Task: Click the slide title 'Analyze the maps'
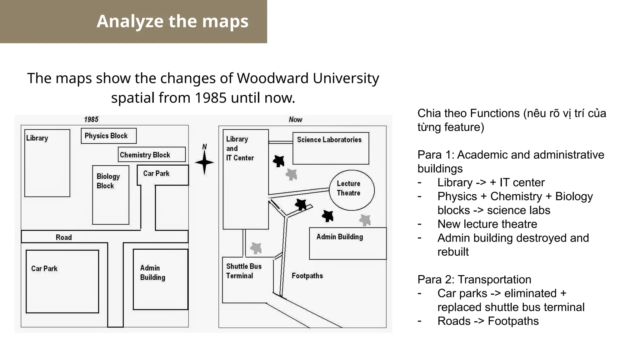click(172, 21)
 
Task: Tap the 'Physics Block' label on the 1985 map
click(106, 136)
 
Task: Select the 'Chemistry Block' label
click(145, 155)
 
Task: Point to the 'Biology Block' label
click(108, 181)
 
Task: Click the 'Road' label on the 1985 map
click(64, 237)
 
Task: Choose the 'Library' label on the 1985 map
click(37, 138)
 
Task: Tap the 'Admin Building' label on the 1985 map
click(152, 272)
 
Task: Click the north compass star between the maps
click(204, 162)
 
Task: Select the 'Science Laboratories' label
click(329, 140)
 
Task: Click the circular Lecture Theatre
click(352, 190)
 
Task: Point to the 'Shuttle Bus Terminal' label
click(244, 271)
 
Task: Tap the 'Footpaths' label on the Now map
click(307, 276)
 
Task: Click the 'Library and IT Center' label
click(240, 148)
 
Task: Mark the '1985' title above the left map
click(91, 119)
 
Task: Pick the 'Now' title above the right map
click(295, 119)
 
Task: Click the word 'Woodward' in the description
click(273, 78)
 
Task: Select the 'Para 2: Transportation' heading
click(474, 279)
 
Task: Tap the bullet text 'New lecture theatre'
click(487, 224)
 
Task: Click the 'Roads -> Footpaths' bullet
click(488, 321)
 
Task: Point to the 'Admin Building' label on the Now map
click(340, 237)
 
